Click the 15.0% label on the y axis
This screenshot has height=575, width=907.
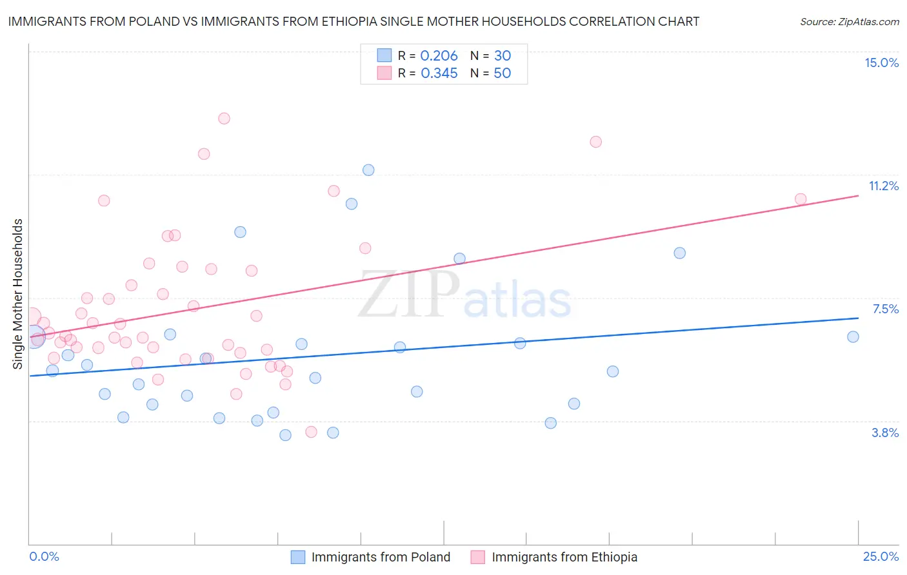(x=881, y=63)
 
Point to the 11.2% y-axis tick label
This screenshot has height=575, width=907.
(x=883, y=186)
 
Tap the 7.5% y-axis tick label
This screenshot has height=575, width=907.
(x=885, y=309)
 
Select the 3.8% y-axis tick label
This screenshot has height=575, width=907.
(x=885, y=433)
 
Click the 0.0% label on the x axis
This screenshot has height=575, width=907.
(x=44, y=556)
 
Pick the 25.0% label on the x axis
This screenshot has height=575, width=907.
(x=881, y=556)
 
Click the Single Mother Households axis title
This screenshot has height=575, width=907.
(x=17, y=293)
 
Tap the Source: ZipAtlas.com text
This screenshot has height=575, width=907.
(x=849, y=22)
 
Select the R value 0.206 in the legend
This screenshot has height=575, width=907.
(x=439, y=56)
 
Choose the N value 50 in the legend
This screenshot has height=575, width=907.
(x=502, y=73)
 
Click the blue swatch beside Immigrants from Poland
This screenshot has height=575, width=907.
(x=297, y=557)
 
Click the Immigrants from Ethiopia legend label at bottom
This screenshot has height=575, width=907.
(x=564, y=557)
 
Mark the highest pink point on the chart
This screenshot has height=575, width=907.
(x=224, y=118)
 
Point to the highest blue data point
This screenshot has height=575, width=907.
(x=368, y=170)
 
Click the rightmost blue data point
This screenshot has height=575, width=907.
(x=853, y=336)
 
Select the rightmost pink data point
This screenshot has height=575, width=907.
(x=801, y=199)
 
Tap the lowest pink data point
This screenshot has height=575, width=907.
(x=311, y=432)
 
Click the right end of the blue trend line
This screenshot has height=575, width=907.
(x=858, y=318)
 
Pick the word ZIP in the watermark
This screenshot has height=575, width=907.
(x=408, y=295)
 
